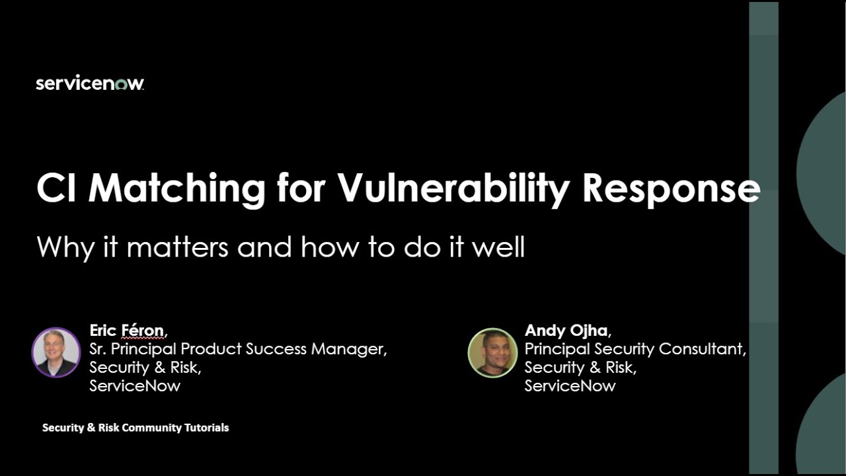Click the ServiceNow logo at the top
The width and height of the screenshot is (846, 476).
90,84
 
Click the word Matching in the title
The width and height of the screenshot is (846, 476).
177,188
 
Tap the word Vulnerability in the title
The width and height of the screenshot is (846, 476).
453,188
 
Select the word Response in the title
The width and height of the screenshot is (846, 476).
671,188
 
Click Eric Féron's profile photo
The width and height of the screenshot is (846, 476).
56,352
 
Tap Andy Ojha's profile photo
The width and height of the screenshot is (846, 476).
492,353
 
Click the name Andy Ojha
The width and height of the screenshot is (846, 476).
566,330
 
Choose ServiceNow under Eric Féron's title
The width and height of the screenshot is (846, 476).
135,385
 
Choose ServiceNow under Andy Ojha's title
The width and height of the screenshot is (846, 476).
570,385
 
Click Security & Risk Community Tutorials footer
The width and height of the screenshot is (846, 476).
135,428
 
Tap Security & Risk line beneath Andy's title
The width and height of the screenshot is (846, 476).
580,367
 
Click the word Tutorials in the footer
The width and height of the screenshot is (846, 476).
207,428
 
